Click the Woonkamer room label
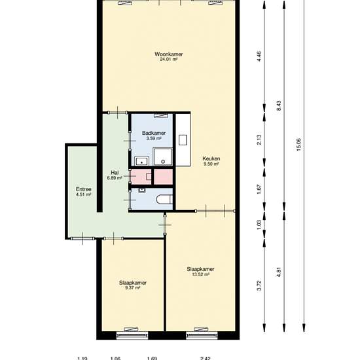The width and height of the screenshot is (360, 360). pyautogui.click(x=169, y=54)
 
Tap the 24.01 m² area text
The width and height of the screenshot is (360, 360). pyautogui.click(x=169, y=60)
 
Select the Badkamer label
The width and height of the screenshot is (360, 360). pyautogui.click(x=154, y=133)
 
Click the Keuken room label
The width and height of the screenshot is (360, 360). pyautogui.click(x=211, y=158)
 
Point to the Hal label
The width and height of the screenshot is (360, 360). pyautogui.click(x=115, y=172)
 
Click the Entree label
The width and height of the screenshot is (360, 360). pyautogui.click(x=84, y=189)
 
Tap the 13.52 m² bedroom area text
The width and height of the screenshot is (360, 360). pyautogui.click(x=201, y=274)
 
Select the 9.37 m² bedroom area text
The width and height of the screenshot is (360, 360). pyautogui.click(x=133, y=288)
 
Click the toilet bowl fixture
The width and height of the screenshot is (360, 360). pyautogui.click(x=164, y=199)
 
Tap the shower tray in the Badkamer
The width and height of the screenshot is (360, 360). pyautogui.click(x=163, y=156)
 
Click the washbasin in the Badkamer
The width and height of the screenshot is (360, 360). pyautogui.click(x=142, y=161)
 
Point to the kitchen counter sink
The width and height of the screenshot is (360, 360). pyautogui.click(x=183, y=140)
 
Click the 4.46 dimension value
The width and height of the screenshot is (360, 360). pyautogui.click(x=259, y=56)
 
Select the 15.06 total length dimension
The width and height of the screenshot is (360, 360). pyautogui.click(x=298, y=145)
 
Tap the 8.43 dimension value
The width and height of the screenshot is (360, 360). pyautogui.click(x=279, y=105)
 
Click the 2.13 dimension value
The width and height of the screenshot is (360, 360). pyautogui.click(x=259, y=139)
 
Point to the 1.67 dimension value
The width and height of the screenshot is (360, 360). pyautogui.click(x=259, y=189)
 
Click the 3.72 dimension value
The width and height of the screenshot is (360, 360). pyautogui.click(x=259, y=285)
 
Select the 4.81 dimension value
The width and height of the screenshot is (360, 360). pyautogui.click(x=279, y=272)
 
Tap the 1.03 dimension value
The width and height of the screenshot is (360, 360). pyautogui.click(x=259, y=225)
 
